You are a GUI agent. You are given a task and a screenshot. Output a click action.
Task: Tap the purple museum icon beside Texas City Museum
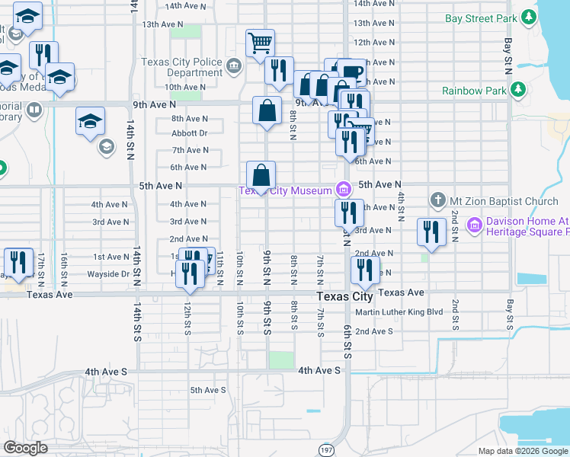(344, 190)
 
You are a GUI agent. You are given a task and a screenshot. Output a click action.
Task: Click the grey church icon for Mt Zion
(438, 201)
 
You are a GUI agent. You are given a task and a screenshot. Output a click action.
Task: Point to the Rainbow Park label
(474, 91)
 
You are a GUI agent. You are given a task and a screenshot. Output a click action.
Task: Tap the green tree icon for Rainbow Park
(518, 91)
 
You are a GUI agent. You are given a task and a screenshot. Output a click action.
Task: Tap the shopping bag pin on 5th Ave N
(261, 175)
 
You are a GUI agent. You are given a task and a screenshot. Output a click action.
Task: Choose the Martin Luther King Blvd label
(399, 312)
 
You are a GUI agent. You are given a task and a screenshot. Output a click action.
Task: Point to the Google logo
(25, 447)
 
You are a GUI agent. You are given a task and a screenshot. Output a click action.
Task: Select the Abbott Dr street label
(190, 133)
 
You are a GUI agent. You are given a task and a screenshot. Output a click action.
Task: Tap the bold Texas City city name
(344, 296)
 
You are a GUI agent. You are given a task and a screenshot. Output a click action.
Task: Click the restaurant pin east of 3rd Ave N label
(431, 232)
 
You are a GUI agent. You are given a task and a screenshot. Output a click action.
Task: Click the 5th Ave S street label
(208, 390)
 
